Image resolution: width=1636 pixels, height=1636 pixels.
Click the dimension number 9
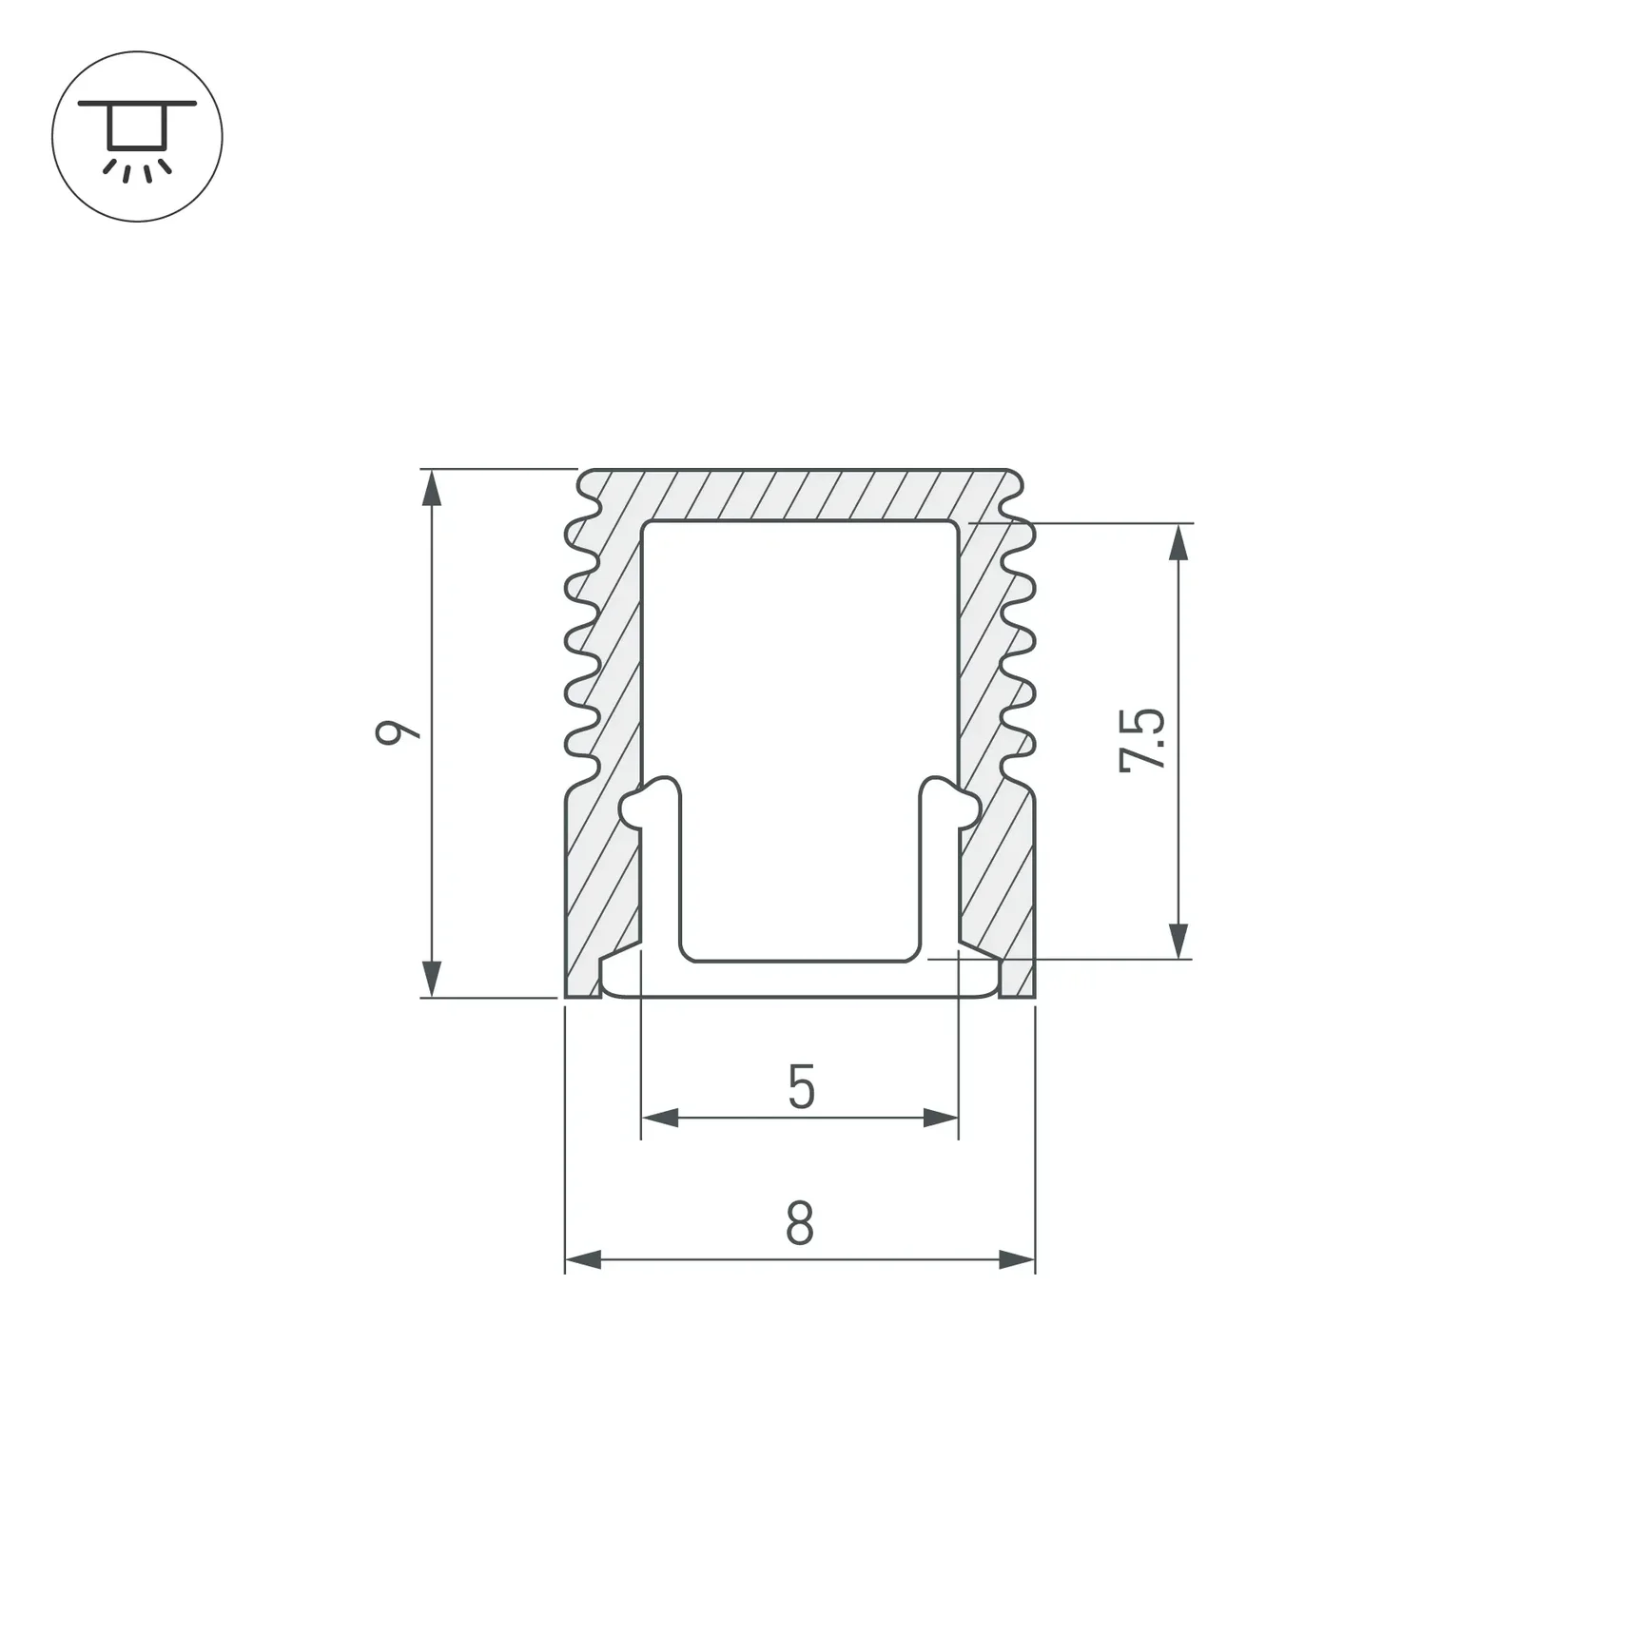(397, 732)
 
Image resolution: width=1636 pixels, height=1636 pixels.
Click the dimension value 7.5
(1142, 740)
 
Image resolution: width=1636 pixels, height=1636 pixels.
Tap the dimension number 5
(801, 1087)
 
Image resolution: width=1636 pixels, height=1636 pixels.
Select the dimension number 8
(800, 1224)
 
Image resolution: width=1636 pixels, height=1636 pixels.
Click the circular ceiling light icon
(137, 137)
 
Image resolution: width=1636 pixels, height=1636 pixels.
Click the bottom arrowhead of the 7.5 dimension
(1178, 941)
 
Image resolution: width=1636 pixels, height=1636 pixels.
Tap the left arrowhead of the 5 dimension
(659, 1118)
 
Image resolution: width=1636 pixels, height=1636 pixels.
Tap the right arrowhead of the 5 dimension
(941, 1118)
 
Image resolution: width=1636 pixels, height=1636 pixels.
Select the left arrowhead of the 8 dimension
(583, 1260)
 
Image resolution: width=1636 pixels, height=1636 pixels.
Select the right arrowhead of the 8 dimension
(1017, 1260)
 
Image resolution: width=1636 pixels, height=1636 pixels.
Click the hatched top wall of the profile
(800, 495)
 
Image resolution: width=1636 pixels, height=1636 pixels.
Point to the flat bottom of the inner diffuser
(800, 980)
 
